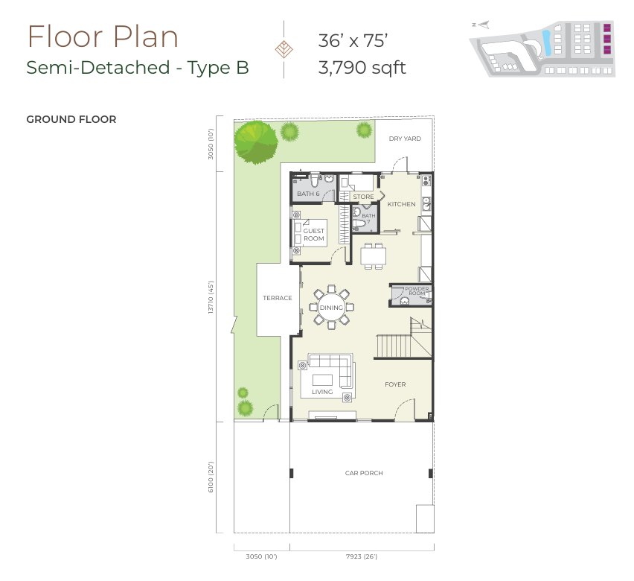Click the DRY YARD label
(405, 139)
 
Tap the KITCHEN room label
(402, 204)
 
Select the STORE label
(363, 197)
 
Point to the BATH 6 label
(308, 194)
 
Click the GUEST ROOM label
(314, 235)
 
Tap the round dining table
(332, 308)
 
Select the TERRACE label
(278, 298)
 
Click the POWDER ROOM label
(417, 290)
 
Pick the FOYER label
(395, 384)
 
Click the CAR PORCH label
(364, 473)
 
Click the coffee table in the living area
(323, 380)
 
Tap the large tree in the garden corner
(256, 142)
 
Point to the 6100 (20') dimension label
(211, 477)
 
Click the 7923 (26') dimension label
(362, 556)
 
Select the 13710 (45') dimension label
(211, 297)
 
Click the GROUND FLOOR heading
(71, 119)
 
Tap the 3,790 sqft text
(362, 68)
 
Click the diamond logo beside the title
(284, 49)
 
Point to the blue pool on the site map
(547, 43)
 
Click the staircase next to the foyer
(403, 338)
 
